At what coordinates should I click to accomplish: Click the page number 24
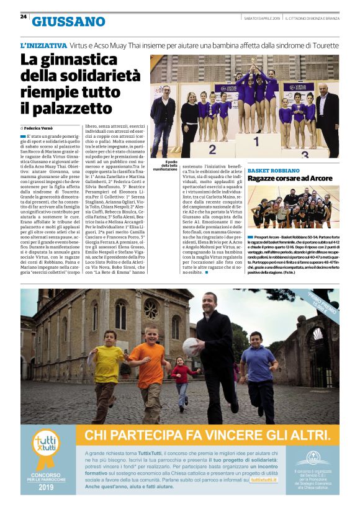(23, 17)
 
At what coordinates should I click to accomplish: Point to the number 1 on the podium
(255, 141)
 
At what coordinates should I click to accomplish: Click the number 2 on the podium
(212, 150)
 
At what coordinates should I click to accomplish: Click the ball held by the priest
(191, 346)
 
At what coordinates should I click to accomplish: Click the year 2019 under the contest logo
(47, 487)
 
